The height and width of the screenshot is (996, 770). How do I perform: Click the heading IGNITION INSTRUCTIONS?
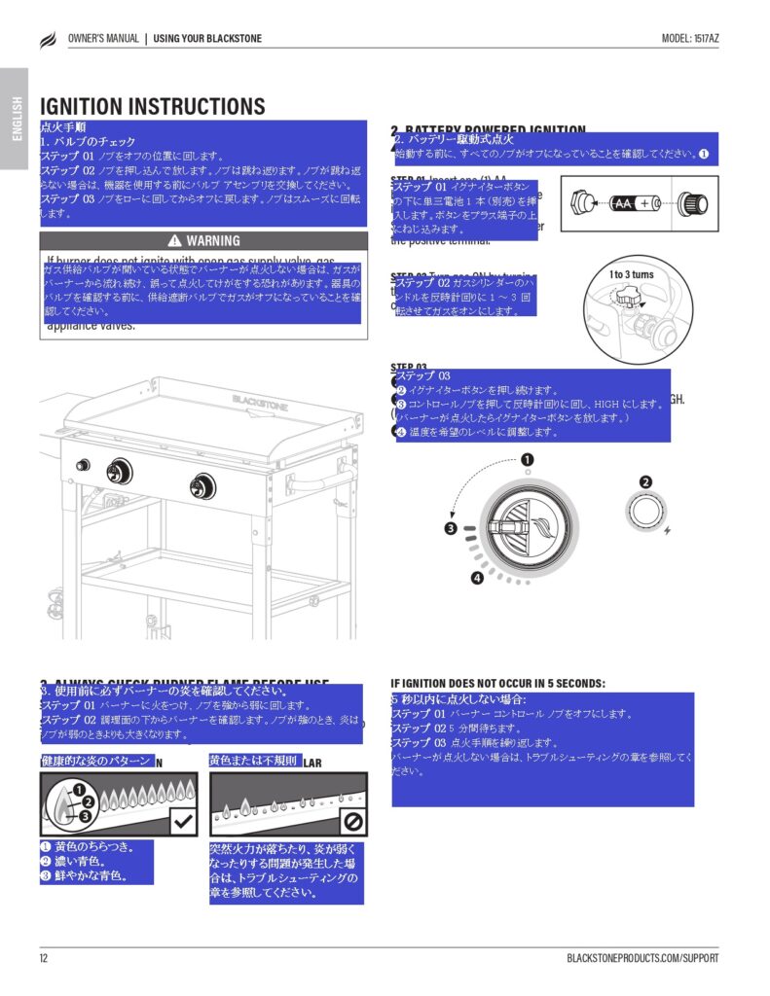coord(152,106)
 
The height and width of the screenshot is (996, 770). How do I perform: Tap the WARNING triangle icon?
coord(174,240)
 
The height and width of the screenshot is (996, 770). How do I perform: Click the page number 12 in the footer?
coord(44,958)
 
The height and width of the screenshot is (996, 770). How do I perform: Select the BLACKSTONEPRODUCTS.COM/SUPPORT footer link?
coord(642,958)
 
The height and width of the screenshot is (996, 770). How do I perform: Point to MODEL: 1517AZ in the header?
coord(690,39)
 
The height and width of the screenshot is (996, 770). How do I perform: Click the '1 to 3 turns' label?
coord(632,274)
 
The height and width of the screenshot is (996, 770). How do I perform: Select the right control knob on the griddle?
coord(203,483)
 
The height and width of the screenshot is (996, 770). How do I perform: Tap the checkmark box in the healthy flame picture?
coord(182,821)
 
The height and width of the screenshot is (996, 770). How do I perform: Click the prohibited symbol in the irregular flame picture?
coord(352,822)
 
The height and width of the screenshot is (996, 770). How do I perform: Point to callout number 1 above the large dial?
coord(527,459)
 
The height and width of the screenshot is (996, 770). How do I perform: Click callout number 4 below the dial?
coord(477,579)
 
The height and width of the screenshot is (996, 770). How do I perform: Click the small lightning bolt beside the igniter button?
coord(667,531)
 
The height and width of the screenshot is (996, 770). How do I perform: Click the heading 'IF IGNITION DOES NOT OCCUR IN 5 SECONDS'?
coord(497,684)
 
